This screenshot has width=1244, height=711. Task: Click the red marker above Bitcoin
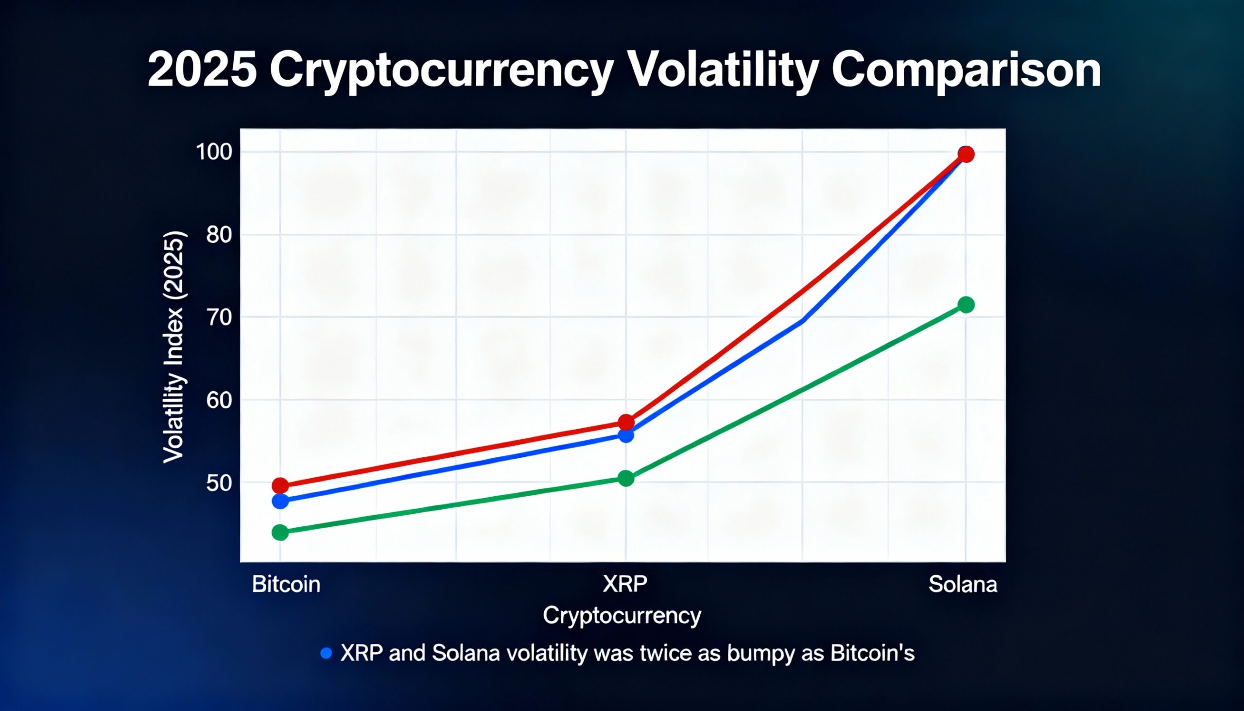[x=280, y=486]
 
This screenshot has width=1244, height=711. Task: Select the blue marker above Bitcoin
[x=280, y=501]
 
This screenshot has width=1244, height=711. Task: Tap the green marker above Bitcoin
[x=280, y=532]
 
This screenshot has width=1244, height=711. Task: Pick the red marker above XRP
[x=626, y=422]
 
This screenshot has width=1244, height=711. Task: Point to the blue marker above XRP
[x=626, y=434]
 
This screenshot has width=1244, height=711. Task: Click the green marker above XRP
[x=626, y=478]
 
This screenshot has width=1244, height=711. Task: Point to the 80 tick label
[x=218, y=235]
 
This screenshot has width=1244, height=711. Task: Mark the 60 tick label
[x=218, y=400]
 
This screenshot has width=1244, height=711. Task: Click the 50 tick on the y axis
[x=218, y=484]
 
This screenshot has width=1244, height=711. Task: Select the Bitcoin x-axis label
[x=286, y=585]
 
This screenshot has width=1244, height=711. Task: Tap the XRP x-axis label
[x=625, y=584]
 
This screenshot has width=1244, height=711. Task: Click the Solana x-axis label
[x=963, y=585]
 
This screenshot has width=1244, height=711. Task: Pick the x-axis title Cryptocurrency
[x=622, y=615]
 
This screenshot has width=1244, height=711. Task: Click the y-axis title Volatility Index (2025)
[x=174, y=347]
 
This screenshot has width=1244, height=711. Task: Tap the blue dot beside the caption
[x=326, y=653]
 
